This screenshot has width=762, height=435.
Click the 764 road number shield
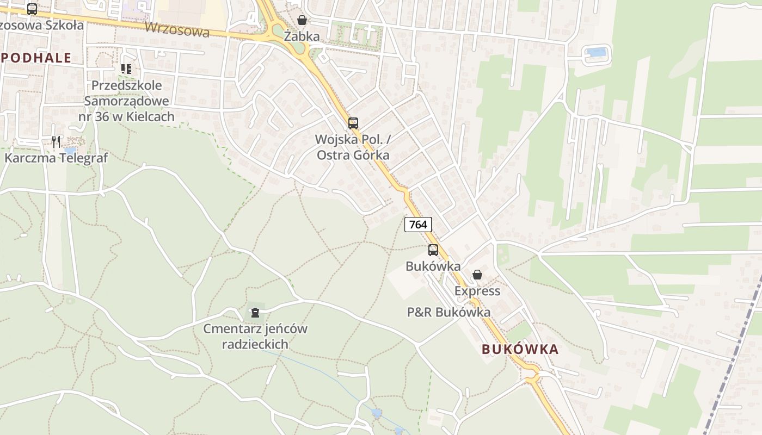click(x=418, y=224)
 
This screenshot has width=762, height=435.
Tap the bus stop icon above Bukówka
click(x=433, y=250)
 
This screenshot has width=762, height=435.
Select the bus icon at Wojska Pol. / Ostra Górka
click(x=353, y=123)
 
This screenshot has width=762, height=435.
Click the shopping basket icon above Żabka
click(x=302, y=20)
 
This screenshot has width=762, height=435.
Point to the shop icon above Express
click(x=477, y=275)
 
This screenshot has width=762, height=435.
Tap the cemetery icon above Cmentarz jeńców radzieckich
click(x=255, y=312)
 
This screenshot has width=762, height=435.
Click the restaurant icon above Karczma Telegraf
click(x=56, y=142)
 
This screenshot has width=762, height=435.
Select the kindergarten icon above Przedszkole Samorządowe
click(x=126, y=69)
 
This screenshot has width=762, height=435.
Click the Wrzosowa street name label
click(x=177, y=29)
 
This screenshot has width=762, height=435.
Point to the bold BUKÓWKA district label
click(x=520, y=350)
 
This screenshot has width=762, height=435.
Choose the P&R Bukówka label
click(x=448, y=312)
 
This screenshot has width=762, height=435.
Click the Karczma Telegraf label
click(x=56, y=158)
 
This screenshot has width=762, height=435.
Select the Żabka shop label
click(x=302, y=37)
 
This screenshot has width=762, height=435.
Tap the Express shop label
click(x=477, y=291)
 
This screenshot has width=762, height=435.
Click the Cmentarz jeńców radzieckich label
click(x=255, y=336)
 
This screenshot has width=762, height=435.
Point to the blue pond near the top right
click(x=596, y=53)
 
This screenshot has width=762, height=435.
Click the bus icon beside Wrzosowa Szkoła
click(x=32, y=9)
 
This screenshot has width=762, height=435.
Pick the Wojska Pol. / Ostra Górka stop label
click(x=353, y=147)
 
